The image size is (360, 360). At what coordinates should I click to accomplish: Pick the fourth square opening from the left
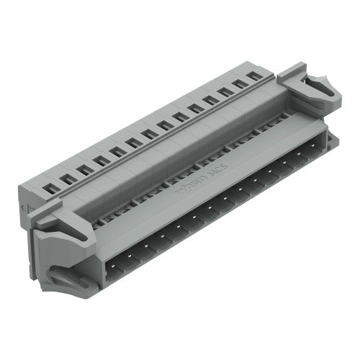click(101, 160)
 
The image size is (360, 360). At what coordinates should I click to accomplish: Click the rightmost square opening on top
click(253, 75)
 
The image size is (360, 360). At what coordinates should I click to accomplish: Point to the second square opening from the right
click(240, 83)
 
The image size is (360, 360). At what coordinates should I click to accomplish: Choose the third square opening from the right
click(225, 91)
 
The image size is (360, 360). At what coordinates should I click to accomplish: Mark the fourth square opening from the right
click(210, 100)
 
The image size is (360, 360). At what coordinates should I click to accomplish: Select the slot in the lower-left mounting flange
click(72, 279)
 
